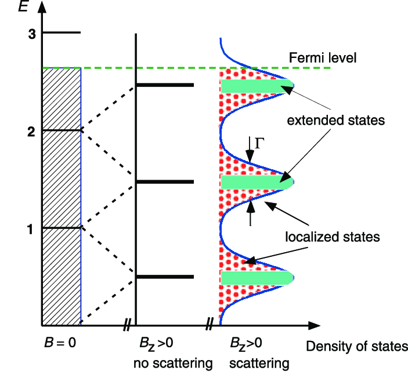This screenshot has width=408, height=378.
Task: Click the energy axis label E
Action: pos(23,6)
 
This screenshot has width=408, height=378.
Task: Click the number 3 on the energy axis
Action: pos(32,34)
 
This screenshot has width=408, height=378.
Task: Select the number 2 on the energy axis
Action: pos(31,132)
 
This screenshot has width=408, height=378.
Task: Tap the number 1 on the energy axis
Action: pos(30,230)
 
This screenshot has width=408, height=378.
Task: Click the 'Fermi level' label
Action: pos(322,57)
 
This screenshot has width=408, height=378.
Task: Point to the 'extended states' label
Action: pos(335,121)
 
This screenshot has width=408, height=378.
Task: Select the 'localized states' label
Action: pos(333,237)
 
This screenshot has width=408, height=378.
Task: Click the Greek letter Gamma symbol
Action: pos(259,143)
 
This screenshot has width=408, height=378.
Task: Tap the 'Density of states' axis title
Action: pos(357,346)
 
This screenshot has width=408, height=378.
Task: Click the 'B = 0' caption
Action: pos(60,343)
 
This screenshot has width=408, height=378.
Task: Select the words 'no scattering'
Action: pos(173,363)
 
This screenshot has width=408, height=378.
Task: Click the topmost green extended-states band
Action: pos(257,86)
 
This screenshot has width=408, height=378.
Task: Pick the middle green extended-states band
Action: pos(257,181)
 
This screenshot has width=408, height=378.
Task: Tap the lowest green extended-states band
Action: pos(257,278)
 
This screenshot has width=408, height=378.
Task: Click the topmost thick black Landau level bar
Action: pos(165,85)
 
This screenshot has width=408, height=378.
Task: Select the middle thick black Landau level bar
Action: pos(165,181)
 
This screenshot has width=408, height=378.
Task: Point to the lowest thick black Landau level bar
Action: pos(165,277)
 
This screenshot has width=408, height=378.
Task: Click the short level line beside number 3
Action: pos(62,32)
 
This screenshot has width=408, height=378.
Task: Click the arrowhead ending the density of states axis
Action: pos(314,325)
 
